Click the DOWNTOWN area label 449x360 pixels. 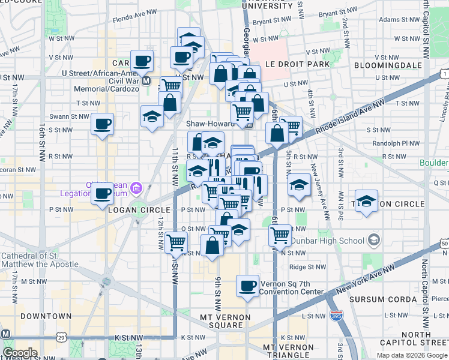[46, 316]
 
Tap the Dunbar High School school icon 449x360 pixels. [374, 241]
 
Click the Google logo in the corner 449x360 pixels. [20, 353]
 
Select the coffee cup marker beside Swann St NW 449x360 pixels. [102, 124]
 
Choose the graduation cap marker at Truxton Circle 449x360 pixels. [366, 201]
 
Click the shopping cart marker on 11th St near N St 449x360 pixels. [176, 242]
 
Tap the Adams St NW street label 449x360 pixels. [397, 19]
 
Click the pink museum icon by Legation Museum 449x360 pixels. [136, 189]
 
